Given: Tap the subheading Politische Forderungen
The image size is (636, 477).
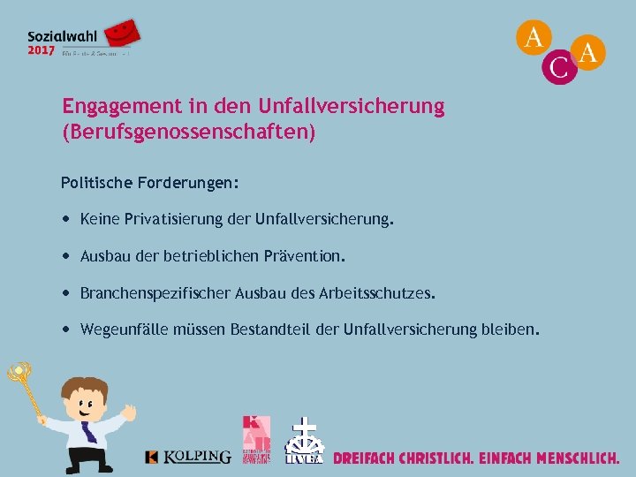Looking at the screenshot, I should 149,183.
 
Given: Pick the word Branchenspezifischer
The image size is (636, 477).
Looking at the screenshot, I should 155,292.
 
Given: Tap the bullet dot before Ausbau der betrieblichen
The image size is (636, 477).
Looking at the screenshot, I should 67,256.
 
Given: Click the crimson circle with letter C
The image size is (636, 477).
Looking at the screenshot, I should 559,67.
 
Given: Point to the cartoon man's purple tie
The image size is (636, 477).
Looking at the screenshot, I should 89,432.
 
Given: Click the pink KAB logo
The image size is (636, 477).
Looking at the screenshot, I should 255,438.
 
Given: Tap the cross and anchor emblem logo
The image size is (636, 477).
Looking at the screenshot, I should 305,440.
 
